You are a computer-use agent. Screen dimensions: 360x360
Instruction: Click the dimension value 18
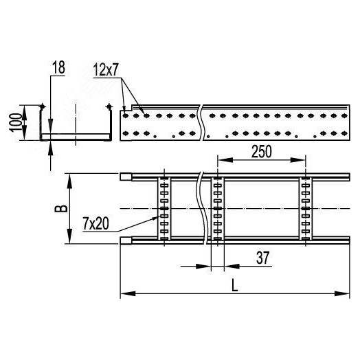click(57, 68)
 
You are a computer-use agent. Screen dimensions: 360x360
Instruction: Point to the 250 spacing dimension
click(261, 153)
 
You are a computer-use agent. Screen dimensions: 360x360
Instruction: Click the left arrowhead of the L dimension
click(124, 295)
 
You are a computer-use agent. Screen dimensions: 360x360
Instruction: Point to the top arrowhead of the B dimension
click(69, 179)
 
